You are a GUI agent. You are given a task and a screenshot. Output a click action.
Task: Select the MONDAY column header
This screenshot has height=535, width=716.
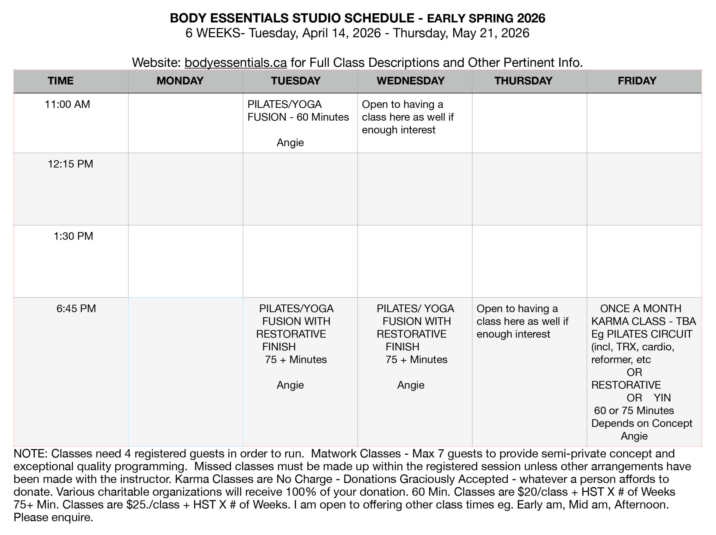point(180,81)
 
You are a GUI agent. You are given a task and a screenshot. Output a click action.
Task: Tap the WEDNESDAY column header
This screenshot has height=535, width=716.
point(410,81)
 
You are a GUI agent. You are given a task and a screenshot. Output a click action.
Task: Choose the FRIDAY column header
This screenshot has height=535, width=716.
point(637,81)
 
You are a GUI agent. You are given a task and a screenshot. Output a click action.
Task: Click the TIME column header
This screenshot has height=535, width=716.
point(60,81)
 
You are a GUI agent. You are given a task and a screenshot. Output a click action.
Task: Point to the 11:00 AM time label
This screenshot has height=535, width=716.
point(67,104)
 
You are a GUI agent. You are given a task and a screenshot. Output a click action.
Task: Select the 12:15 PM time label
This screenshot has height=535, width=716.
point(70,164)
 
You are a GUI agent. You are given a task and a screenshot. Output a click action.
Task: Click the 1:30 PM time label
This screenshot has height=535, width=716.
point(73,236)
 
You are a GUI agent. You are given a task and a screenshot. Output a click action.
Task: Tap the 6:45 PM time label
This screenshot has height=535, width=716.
point(76,308)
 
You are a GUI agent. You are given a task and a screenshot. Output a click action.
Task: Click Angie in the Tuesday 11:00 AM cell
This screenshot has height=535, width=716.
point(290,142)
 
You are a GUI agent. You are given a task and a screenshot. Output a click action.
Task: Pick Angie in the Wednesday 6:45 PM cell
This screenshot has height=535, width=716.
point(410,385)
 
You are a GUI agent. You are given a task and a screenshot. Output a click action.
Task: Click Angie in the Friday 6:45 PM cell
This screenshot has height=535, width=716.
point(634,436)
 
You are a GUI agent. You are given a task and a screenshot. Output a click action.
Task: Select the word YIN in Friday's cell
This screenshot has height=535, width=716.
point(662,398)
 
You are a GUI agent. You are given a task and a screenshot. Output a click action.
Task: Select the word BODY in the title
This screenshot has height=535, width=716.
point(188,18)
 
